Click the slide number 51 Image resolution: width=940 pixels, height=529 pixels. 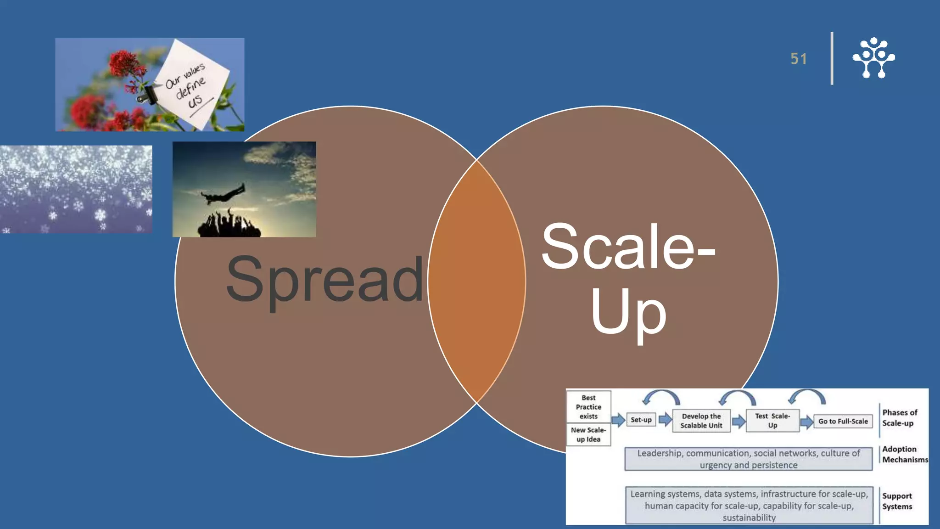click(798, 59)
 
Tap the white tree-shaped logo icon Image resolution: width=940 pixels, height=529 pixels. click(873, 58)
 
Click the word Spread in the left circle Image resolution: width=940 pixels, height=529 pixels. click(325, 280)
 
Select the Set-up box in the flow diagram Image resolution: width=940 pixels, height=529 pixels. click(641, 420)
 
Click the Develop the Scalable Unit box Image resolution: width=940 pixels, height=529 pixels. click(701, 421)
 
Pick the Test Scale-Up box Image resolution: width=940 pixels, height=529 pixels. click(772, 421)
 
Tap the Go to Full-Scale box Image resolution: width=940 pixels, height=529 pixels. click(843, 421)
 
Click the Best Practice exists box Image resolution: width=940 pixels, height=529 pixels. click(588, 407)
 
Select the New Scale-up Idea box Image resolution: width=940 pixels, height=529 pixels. click(588, 434)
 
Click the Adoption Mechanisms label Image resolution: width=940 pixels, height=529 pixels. click(903, 454)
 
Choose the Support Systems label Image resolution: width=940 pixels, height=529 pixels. click(897, 501)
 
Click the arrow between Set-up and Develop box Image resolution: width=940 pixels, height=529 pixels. click(665, 420)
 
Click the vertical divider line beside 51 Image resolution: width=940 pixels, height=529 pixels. click(832, 58)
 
